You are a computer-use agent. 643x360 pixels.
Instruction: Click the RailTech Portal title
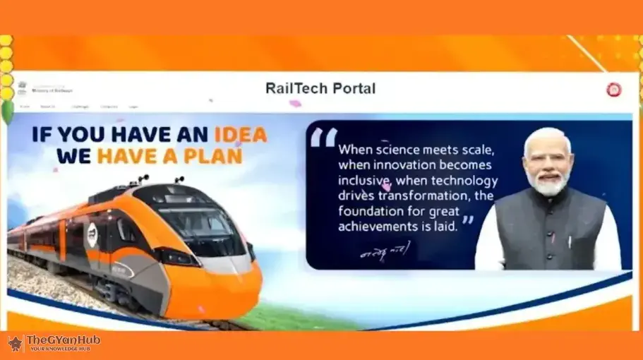coord(320,88)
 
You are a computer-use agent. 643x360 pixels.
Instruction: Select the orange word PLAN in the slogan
coord(211,155)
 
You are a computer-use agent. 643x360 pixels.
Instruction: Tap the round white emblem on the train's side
coord(92,234)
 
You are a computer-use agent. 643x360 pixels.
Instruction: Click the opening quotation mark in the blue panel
coord(323,138)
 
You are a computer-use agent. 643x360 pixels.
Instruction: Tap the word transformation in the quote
coord(427,196)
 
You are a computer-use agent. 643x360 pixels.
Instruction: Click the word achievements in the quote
coord(378,227)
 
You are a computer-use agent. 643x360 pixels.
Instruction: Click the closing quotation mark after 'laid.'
coord(467,221)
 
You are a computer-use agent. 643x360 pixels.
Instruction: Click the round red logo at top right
coord(613,90)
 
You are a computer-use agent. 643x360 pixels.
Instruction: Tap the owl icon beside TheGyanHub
coord(16,343)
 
